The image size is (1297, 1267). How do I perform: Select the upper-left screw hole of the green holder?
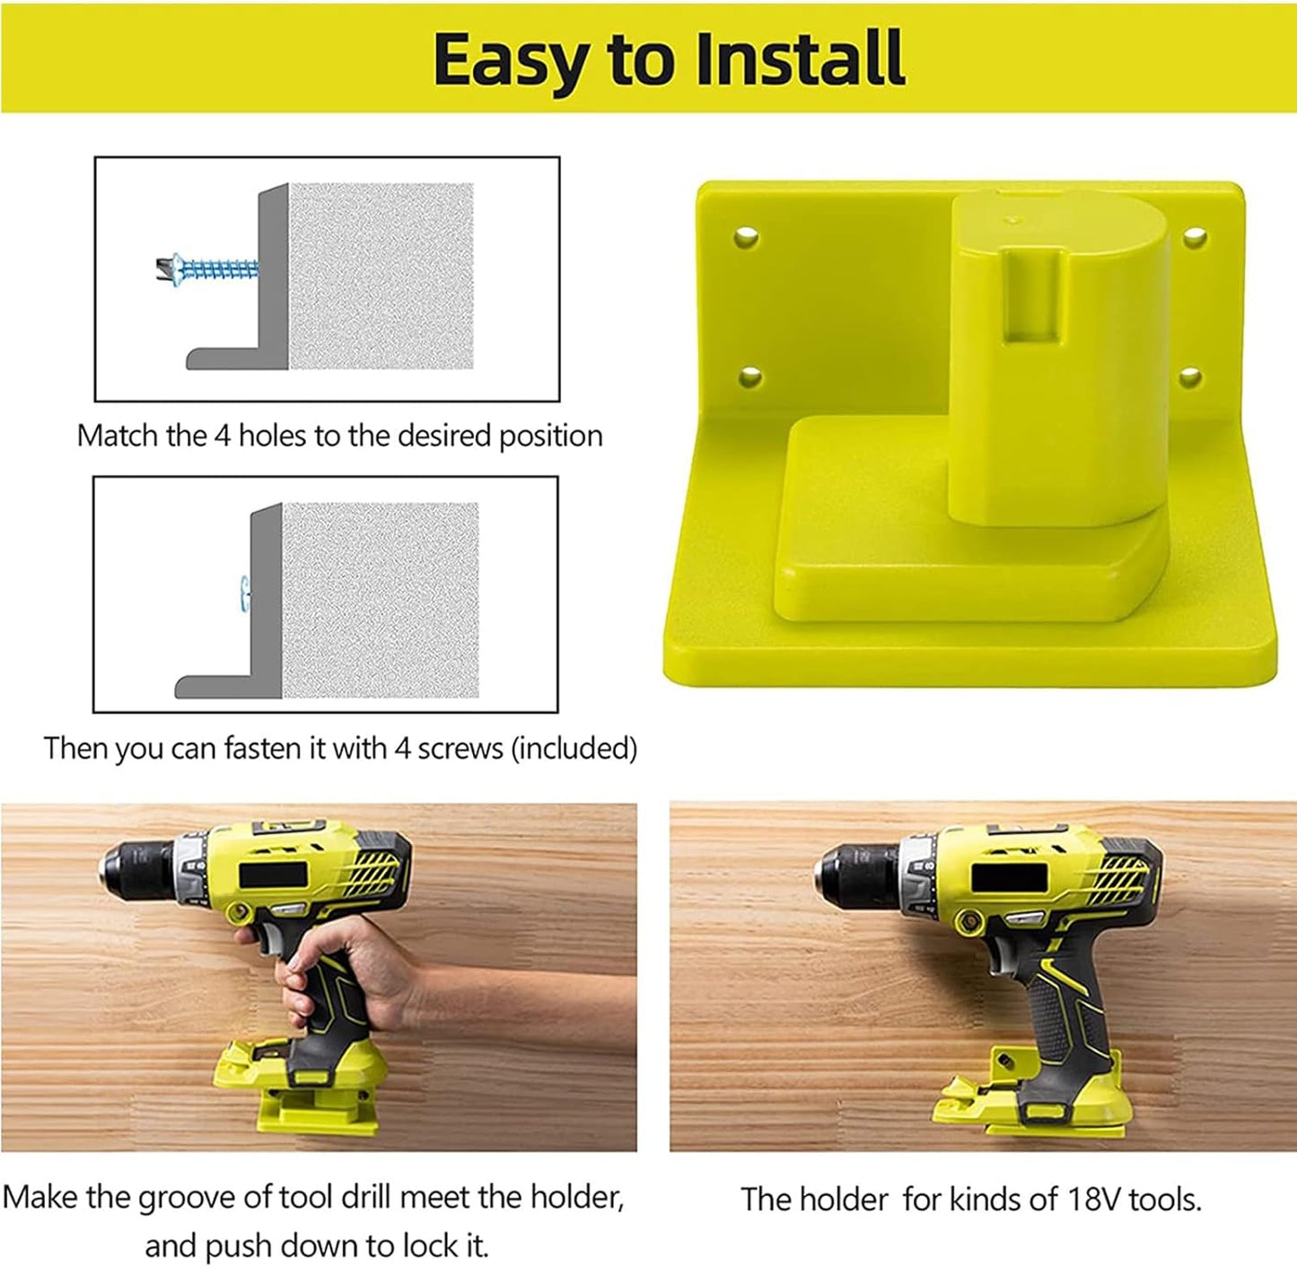[x=746, y=238]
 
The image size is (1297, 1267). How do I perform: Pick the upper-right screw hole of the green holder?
[x=1195, y=238]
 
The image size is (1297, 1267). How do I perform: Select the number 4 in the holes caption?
[x=223, y=436]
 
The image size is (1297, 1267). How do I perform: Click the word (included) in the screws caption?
[x=574, y=748]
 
